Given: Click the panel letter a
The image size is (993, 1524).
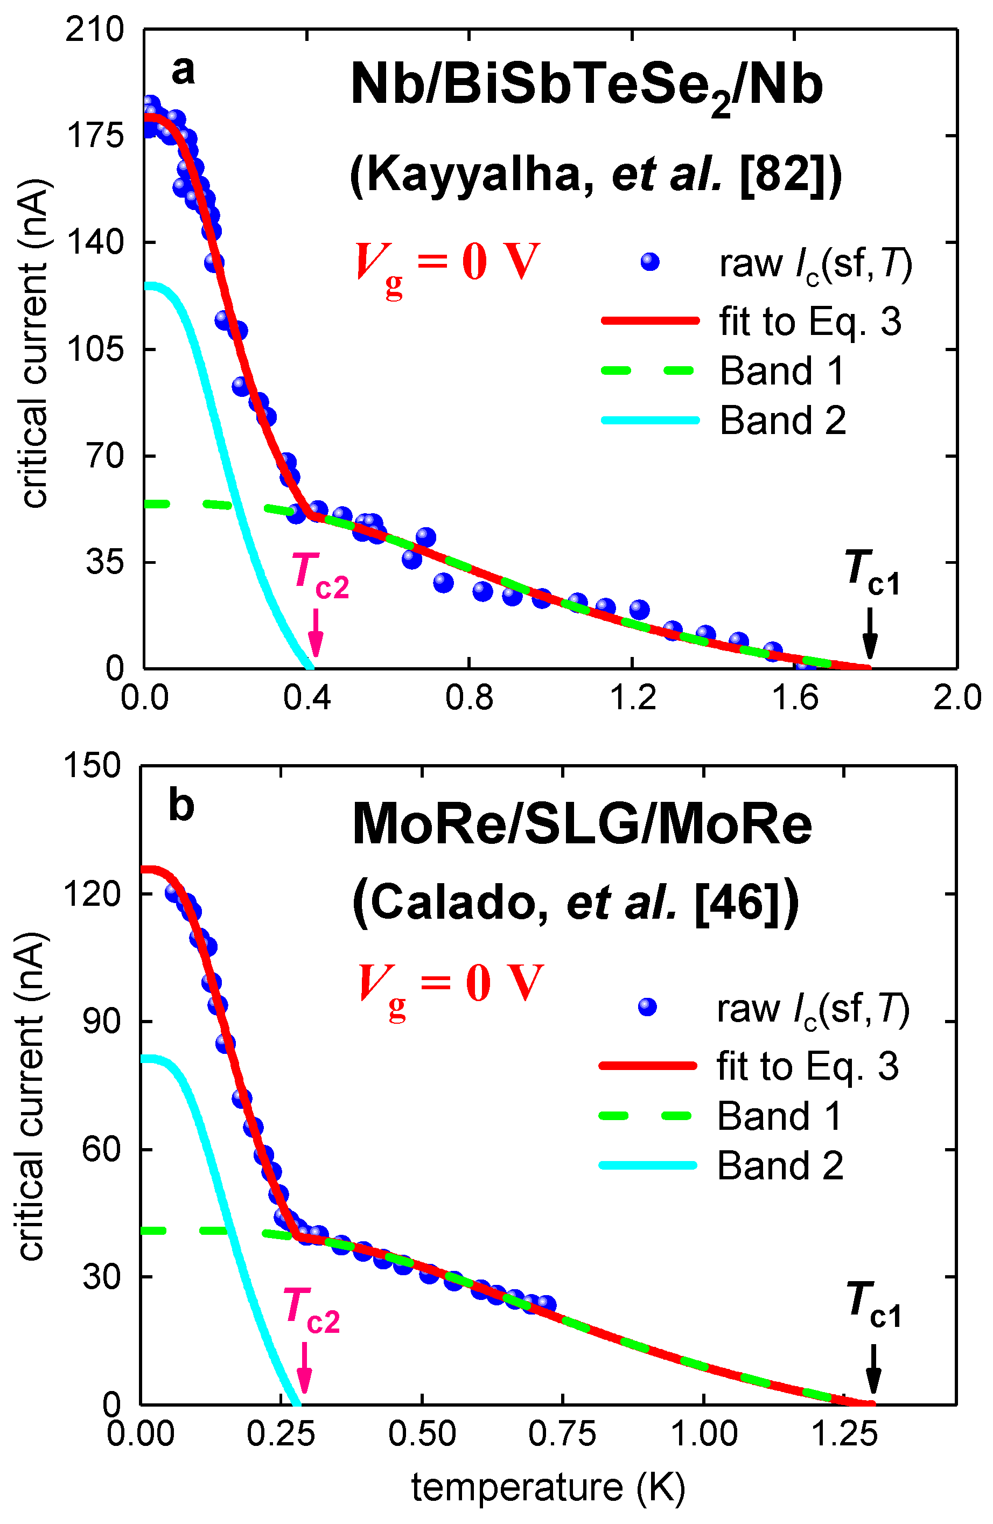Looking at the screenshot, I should point(183,71).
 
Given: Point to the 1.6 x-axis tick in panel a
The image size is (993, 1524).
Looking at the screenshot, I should point(794,697).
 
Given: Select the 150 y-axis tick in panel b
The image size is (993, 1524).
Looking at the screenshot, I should point(92,765).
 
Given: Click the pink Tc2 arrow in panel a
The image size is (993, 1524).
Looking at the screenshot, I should point(315,632).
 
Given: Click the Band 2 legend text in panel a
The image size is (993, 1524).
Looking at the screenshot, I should point(782,421).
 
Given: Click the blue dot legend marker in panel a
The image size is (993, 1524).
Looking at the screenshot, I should point(650,262).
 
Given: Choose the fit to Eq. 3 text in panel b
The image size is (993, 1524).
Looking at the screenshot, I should point(807,1066).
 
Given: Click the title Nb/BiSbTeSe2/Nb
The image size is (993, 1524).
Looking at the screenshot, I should point(586,88).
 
